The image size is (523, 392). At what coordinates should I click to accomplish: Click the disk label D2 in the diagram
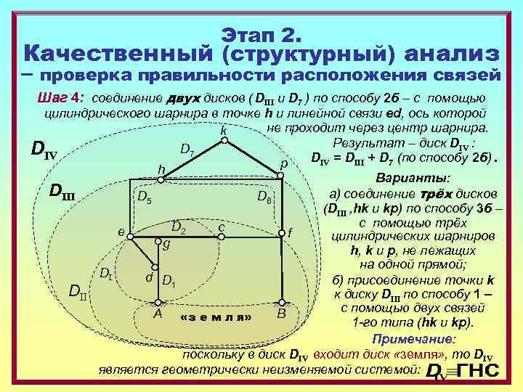coord(179,228)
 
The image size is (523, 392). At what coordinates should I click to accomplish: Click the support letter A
coord(158,314)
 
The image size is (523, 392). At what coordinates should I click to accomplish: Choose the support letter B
coord(281,314)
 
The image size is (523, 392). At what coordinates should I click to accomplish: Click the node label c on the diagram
coord(220,227)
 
